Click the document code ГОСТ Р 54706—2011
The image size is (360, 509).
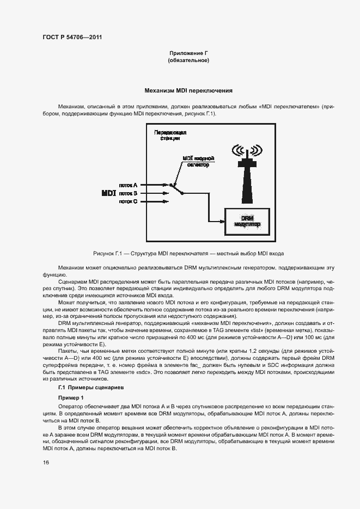click(72, 38)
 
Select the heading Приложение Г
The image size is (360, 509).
click(188, 53)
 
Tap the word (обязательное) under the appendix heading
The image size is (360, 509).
click(188, 60)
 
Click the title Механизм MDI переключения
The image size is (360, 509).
click(188, 91)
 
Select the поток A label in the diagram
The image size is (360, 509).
click(128, 185)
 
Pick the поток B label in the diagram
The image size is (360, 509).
click(128, 193)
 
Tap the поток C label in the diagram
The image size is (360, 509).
click(128, 201)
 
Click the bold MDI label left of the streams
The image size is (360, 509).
click(109, 193)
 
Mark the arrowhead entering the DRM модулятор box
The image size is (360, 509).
click(222, 221)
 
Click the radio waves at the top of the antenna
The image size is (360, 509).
click(247, 150)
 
